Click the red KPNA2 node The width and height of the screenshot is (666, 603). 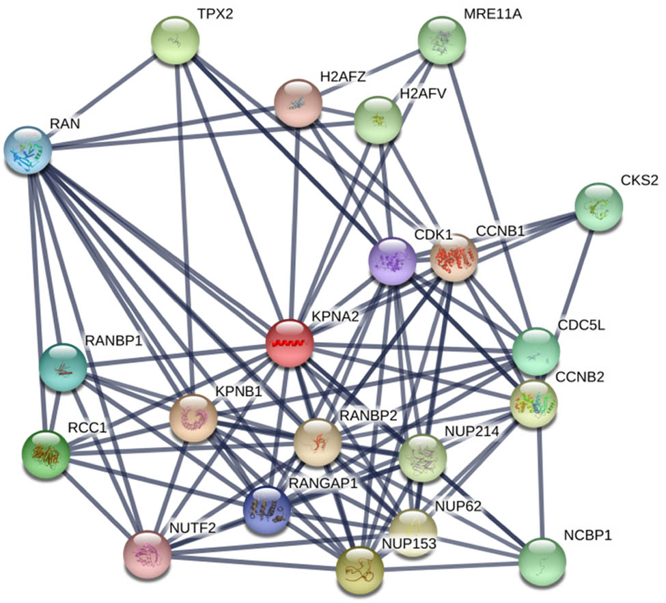click(x=290, y=343)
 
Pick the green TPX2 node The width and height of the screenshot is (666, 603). click(x=175, y=42)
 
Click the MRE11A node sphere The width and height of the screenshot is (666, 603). click(x=442, y=41)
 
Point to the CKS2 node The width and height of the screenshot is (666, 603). click(x=599, y=207)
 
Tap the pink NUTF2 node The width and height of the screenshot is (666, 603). click(x=147, y=553)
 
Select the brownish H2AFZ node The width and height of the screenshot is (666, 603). click(x=298, y=102)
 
